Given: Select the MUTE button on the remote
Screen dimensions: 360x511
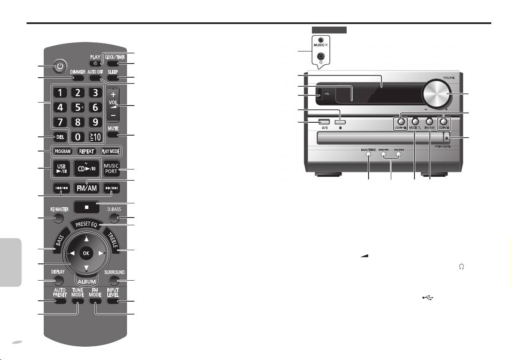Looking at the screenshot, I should [113, 135].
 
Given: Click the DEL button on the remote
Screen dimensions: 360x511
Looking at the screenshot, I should [60, 137].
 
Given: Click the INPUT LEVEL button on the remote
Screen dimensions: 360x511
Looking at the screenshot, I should [112, 301].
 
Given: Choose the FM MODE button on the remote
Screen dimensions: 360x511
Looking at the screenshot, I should [95, 301].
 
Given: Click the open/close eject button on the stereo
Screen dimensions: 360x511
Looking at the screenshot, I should [447, 139].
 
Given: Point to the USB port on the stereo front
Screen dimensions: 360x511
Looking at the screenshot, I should [320, 94].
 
